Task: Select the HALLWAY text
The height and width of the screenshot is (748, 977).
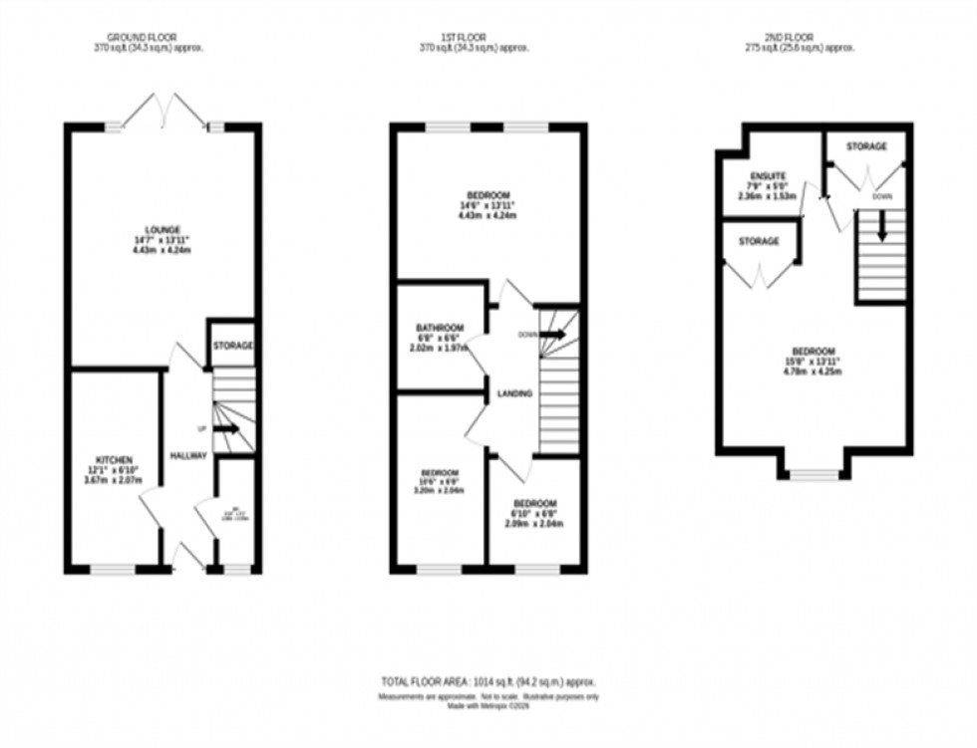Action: (x=187, y=456)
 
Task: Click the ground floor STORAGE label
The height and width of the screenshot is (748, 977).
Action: (x=233, y=346)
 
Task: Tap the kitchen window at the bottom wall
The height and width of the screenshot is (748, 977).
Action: (x=113, y=570)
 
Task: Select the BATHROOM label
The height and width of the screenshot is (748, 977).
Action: (x=440, y=328)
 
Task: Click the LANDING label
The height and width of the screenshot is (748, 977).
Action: (x=515, y=394)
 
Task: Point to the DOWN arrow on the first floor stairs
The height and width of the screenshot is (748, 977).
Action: (x=552, y=335)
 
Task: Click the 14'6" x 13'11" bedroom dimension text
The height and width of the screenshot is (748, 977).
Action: (x=487, y=206)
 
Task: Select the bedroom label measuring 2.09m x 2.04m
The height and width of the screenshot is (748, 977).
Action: (x=534, y=504)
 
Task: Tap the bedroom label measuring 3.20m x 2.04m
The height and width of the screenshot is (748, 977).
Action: (x=439, y=472)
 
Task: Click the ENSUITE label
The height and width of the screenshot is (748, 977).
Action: (x=768, y=175)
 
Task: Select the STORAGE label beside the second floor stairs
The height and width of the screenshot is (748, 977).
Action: (x=866, y=146)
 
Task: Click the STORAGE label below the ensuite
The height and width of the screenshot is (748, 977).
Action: (x=759, y=241)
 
